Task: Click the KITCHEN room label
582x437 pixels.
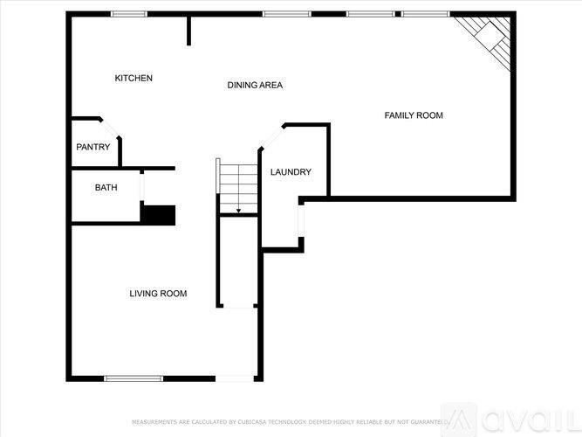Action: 134,79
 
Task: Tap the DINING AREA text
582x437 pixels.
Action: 255,86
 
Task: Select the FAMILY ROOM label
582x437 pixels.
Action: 414,115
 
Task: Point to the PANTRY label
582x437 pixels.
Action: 92,147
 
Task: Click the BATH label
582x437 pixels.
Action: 106,187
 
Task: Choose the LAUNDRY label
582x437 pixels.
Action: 290,172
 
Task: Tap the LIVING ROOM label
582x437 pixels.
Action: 158,294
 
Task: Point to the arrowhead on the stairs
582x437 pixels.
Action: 238,211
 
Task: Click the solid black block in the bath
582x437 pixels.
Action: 158,215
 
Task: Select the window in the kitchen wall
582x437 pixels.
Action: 128,14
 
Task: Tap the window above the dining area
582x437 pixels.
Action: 281,14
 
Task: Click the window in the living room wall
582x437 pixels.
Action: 134,378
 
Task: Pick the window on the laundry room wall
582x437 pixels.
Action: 301,224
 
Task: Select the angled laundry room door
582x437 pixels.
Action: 271,138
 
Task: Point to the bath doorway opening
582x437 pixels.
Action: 142,187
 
